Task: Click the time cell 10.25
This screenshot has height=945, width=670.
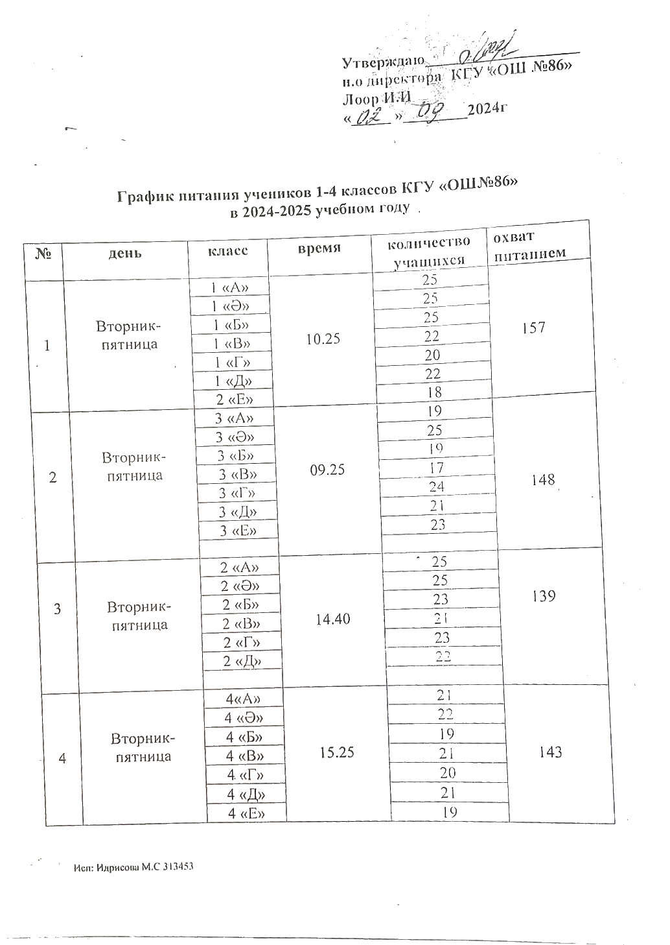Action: pyautogui.click(x=323, y=339)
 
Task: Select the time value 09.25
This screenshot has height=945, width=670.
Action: pyautogui.click(x=327, y=470)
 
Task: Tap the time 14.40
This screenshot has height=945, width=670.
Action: pyautogui.click(x=332, y=619)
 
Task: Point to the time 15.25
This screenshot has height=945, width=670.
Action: pyautogui.click(x=337, y=752)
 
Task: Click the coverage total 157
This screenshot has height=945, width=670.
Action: pyautogui.click(x=533, y=328)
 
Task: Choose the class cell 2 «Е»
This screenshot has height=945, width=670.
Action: pyautogui.click(x=233, y=400)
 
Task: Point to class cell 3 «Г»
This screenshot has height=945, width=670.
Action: pyautogui.click(x=236, y=494)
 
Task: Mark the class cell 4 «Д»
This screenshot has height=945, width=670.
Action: pyautogui.click(x=247, y=795)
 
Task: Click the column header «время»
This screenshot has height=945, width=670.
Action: pyautogui.click(x=319, y=248)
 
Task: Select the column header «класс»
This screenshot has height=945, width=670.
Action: pyautogui.click(x=227, y=250)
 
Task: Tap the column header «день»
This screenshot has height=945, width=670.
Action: pyautogui.click(x=125, y=252)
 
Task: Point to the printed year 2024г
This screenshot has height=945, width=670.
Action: pyautogui.click(x=486, y=108)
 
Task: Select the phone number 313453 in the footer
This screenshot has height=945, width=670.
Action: pyautogui.click(x=178, y=867)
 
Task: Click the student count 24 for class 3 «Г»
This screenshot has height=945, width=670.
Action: pyautogui.click(x=436, y=486)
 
